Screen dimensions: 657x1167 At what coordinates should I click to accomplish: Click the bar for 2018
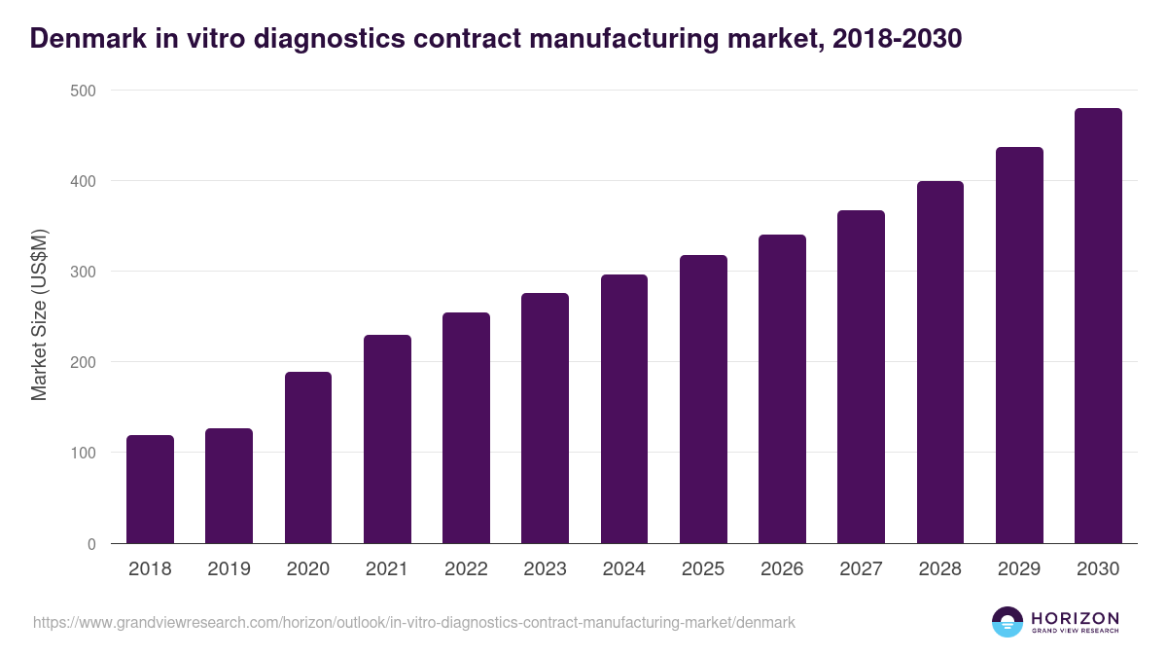tap(150, 490)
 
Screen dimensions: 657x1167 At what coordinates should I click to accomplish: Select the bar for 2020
tap(308, 457)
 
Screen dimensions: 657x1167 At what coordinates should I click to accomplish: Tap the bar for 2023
tap(545, 419)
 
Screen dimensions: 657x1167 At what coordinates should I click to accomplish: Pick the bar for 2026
tap(782, 389)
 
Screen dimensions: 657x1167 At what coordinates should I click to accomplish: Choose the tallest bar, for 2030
tap(1098, 326)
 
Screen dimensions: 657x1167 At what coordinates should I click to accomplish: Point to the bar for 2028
tap(940, 362)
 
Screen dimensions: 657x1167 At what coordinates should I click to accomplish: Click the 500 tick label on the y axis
tap(84, 91)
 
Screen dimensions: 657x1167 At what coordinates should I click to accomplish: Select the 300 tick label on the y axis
tap(84, 272)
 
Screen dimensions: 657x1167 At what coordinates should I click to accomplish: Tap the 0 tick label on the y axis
tap(91, 544)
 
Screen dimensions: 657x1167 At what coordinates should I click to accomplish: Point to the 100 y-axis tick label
tap(84, 454)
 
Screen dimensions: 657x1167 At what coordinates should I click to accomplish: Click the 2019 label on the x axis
tap(230, 569)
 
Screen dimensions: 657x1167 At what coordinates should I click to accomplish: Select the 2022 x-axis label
tap(466, 569)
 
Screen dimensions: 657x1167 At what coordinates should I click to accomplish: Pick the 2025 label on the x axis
tap(703, 569)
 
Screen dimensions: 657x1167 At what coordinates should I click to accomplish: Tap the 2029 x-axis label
tap(1019, 569)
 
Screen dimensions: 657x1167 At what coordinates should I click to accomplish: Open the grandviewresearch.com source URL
tap(414, 622)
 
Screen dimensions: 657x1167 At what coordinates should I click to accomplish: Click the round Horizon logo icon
tap(1008, 622)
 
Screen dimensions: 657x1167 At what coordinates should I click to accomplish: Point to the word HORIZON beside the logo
tap(1075, 617)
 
